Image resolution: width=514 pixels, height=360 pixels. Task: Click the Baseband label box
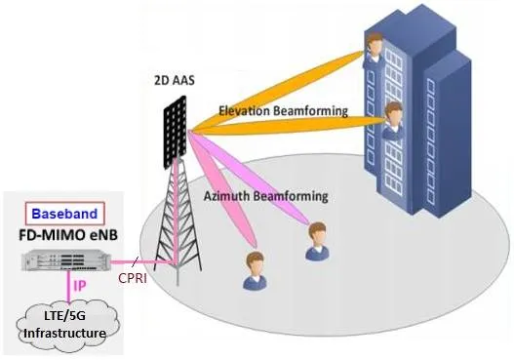(65, 214)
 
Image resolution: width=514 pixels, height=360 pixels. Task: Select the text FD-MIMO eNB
(68, 235)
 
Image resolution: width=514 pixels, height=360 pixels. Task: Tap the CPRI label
(133, 278)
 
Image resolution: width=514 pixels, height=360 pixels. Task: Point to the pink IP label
(80, 286)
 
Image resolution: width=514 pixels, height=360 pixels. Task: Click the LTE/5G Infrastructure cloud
(67, 325)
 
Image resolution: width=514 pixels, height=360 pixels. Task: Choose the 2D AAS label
(175, 80)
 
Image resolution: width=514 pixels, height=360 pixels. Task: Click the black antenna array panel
(175, 132)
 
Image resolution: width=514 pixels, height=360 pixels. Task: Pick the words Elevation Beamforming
(283, 111)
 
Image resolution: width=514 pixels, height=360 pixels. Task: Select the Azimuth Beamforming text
(266, 196)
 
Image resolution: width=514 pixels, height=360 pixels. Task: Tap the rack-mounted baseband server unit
(66, 260)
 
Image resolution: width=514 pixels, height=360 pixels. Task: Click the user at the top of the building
(374, 49)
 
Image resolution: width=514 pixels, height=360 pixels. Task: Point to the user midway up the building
(393, 120)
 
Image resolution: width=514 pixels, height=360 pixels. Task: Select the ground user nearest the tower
(255, 270)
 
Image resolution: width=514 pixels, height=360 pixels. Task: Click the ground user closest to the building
(317, 241)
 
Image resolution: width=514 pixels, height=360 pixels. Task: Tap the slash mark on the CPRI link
(135, 261)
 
